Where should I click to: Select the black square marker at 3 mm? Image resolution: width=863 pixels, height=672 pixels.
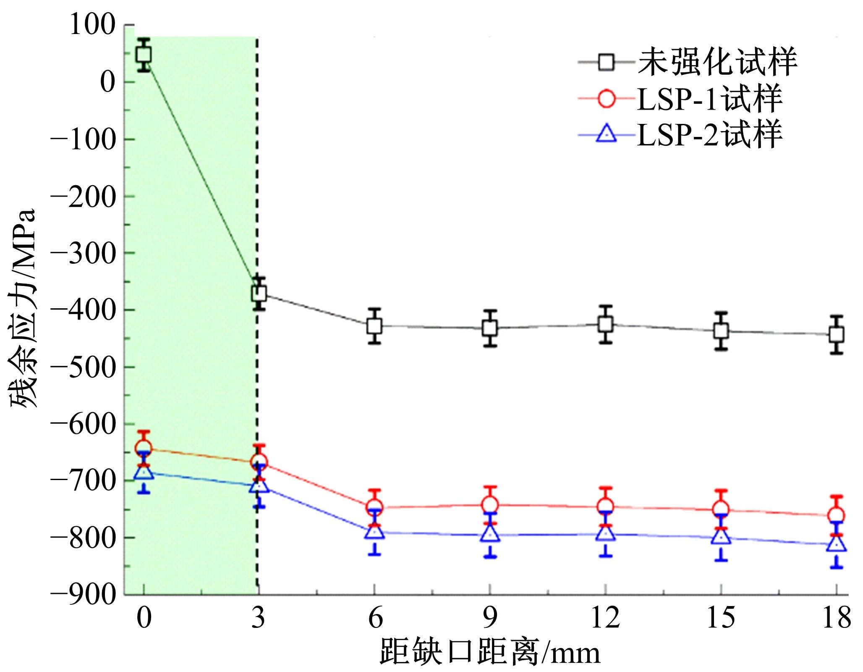pos(259,293)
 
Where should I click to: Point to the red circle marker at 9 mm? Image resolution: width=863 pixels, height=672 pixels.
pos(490,505)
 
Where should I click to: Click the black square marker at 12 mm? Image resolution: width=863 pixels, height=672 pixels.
pos(605,324)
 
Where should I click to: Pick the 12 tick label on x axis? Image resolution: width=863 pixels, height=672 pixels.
pos(605,618)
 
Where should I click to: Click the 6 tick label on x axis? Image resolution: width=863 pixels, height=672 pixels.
pos(374,618)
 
